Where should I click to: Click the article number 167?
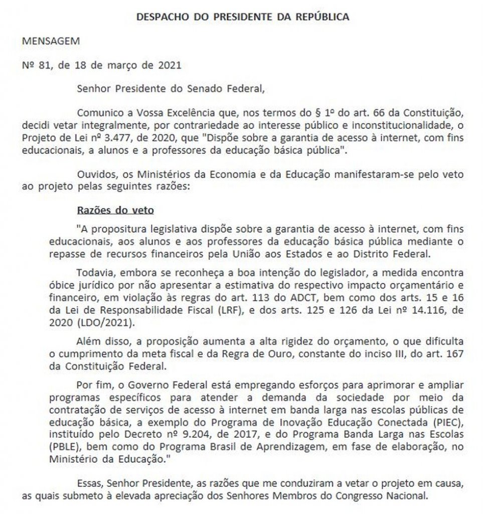451,356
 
